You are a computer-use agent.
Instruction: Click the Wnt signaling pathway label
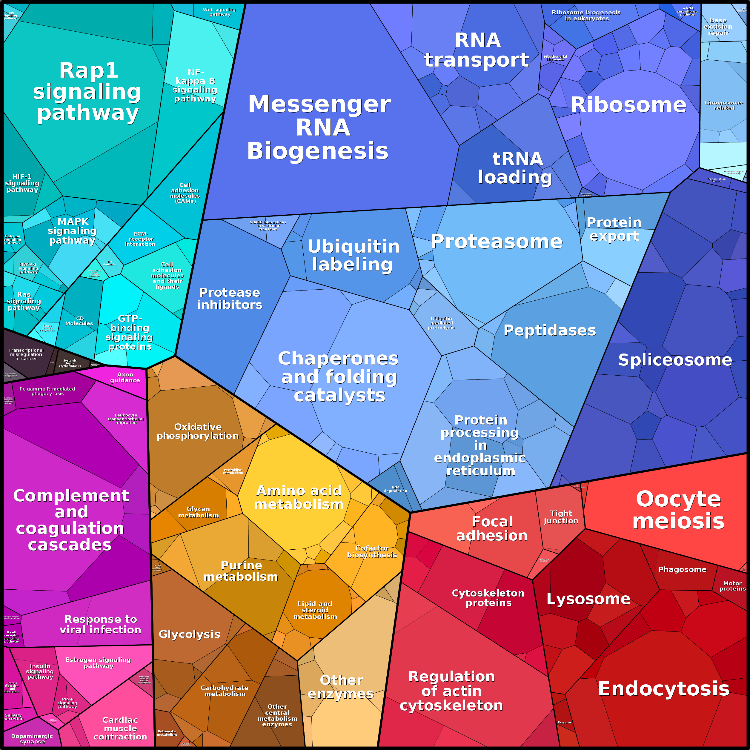pos(219,12)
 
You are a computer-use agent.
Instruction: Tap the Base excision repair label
pos(718,26)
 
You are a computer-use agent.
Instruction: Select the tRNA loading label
pos(516,168)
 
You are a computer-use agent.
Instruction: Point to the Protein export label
pos(614,229)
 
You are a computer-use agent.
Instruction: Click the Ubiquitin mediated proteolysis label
pos(441,323)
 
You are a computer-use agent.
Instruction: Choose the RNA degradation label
pos(396,489)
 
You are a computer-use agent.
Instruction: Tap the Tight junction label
pos(561,517)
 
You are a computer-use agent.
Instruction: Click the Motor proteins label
pos(732,586)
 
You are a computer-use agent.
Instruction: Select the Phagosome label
pos(682,569)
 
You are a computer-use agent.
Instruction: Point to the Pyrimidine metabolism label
pos(233,471)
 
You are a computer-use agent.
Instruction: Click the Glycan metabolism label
pos(198,512)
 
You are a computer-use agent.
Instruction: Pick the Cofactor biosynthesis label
pos(372,551)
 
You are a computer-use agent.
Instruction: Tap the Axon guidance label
pos(125,377)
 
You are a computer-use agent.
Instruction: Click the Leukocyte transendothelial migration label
pos(126,419)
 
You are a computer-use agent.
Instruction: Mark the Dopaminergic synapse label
pos(32,739)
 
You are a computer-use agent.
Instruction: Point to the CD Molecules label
pos(79,321)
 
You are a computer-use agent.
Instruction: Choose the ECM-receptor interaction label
pos(140,239)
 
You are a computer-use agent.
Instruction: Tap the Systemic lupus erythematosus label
pos(70,363)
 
